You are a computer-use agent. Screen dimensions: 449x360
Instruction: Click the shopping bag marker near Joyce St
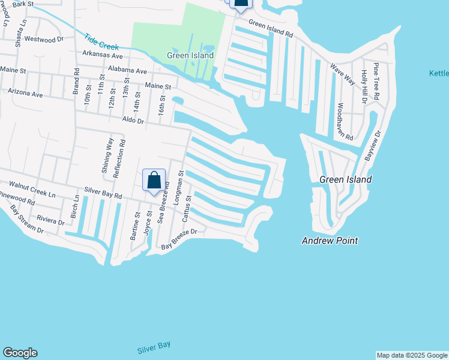[154, 181]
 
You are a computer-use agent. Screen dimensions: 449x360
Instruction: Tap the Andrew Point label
[330, 241]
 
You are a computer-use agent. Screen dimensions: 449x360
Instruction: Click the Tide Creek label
[101, 41]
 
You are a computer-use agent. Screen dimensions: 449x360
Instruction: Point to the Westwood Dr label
[43, 40]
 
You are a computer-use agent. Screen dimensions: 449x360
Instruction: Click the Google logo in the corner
[20, 353]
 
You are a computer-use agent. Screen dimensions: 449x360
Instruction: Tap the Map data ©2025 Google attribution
[412, 355]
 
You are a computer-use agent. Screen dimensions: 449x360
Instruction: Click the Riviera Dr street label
[50, 219]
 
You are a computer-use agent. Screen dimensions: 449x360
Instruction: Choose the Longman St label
[179, 188]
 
